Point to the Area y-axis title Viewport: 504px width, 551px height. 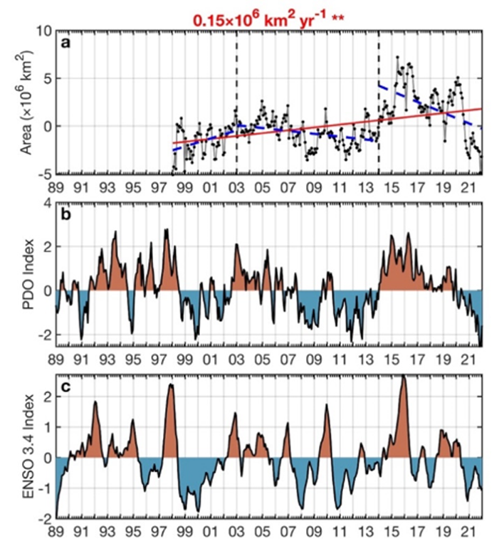[19, 103]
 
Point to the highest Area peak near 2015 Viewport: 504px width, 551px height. [397, 58]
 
